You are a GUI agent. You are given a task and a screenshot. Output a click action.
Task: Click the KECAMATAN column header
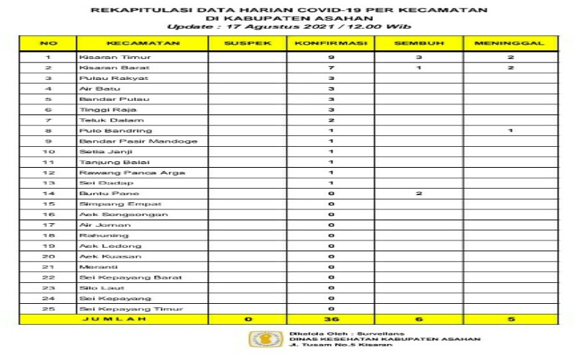[143, 44]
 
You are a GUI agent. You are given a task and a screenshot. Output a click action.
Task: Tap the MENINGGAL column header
[509, 44]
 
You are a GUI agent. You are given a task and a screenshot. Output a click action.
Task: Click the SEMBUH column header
[418, 44]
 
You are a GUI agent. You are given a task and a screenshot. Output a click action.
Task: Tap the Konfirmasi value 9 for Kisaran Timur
[330, 57]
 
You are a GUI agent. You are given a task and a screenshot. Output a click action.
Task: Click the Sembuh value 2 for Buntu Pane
[418, 194]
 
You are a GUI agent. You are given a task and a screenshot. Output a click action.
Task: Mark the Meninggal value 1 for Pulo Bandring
[509, 130]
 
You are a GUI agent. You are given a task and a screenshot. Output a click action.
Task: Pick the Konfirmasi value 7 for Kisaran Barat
[330, 67]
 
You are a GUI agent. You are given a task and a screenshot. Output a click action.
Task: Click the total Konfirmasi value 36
[330, 319]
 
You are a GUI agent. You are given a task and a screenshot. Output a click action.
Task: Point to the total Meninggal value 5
[509, 319]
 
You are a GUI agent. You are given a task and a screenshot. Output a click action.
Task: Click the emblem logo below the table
[259, 339]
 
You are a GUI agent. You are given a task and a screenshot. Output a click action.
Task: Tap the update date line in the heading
[289, 27]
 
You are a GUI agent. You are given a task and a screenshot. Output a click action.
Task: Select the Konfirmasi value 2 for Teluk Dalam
[330, 120]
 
